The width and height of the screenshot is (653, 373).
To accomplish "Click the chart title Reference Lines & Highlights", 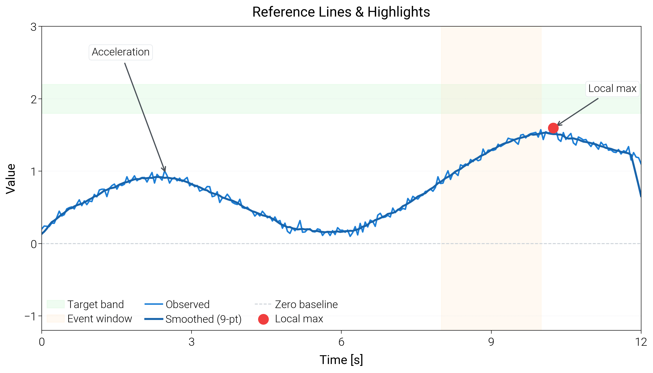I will click(x=341, y=12).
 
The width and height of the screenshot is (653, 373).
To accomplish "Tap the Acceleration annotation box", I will click(x=121, y=52).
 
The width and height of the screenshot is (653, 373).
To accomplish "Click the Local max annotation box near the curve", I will click(x=612, y=89).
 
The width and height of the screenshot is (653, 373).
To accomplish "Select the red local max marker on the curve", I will click(x=553, y=128).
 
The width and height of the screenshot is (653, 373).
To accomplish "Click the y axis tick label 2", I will click(x=34, y=99).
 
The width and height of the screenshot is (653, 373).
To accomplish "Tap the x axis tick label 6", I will click(x=341, y=342).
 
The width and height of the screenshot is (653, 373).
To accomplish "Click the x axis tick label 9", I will click(x=491, y=342).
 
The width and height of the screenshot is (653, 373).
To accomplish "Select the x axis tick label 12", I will click(x=641, y=342).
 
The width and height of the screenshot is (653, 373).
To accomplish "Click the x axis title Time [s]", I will click(x=341, y=360).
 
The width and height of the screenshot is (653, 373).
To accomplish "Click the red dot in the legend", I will click(x=263, y=319).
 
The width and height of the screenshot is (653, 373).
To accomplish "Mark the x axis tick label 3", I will click(x=192, y=342).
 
